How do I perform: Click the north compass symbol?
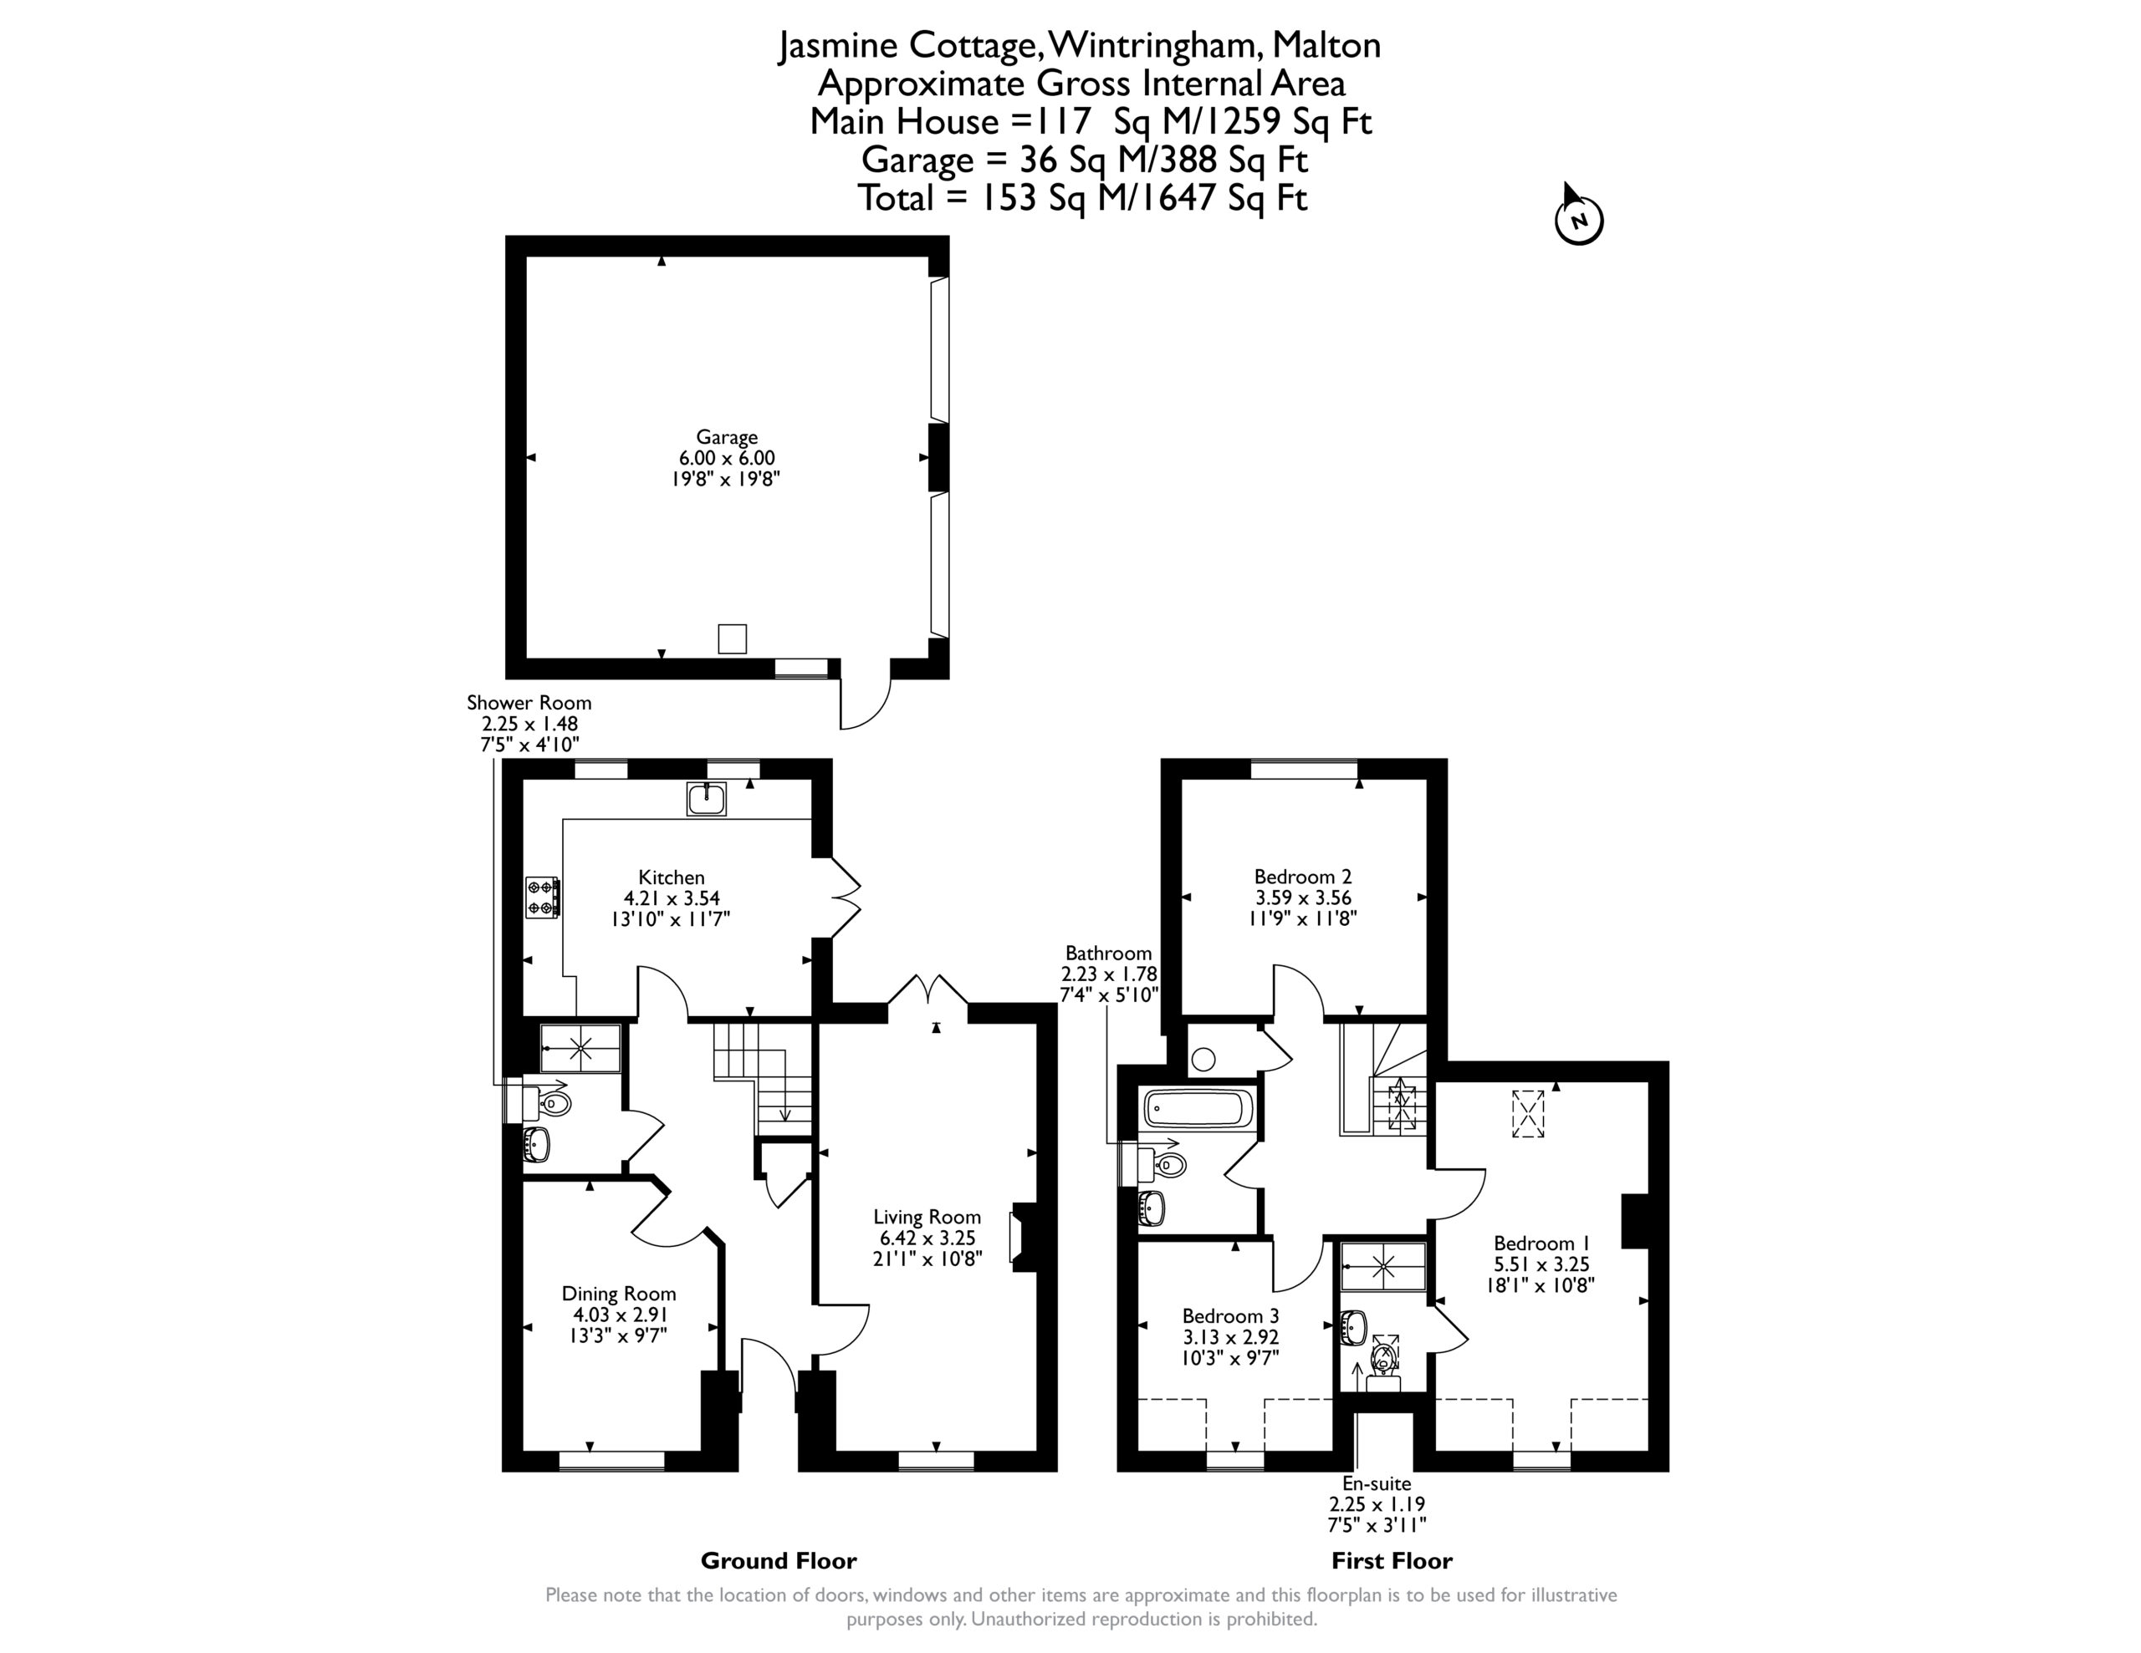click(x=1578, y=216)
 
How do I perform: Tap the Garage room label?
click(x=728, y=437)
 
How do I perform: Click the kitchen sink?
click(x=706, y=799)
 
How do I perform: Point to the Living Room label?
click(x=927, y=1217)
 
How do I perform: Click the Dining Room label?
click(x=619, y=1294)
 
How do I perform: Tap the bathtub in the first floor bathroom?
click(x=1198, y=1108)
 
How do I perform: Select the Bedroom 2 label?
click(x=1303, y=876)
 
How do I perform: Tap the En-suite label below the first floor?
click(x=1377, y=1483)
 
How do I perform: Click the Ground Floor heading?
click(x=779, y=1560)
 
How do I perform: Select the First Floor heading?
click(x=1392, y=1560)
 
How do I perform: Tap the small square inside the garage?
click(x=733, y=638)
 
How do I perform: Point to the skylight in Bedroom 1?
click(x=1528, y=1114)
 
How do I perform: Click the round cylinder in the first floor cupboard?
click(x=1203, y=1058)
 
